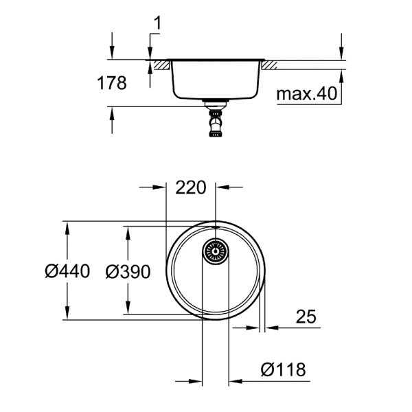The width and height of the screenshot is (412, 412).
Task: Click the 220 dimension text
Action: [192, 187]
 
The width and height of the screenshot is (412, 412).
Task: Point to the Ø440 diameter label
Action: [67, 271]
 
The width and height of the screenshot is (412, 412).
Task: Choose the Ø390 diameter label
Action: [128, 271]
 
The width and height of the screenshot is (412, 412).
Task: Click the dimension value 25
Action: [306, 317]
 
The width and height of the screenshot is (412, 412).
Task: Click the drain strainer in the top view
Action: [215, 251]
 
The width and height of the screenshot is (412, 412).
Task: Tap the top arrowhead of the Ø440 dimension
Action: [67, 227]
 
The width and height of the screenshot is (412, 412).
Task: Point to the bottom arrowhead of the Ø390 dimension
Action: [127, 312]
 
